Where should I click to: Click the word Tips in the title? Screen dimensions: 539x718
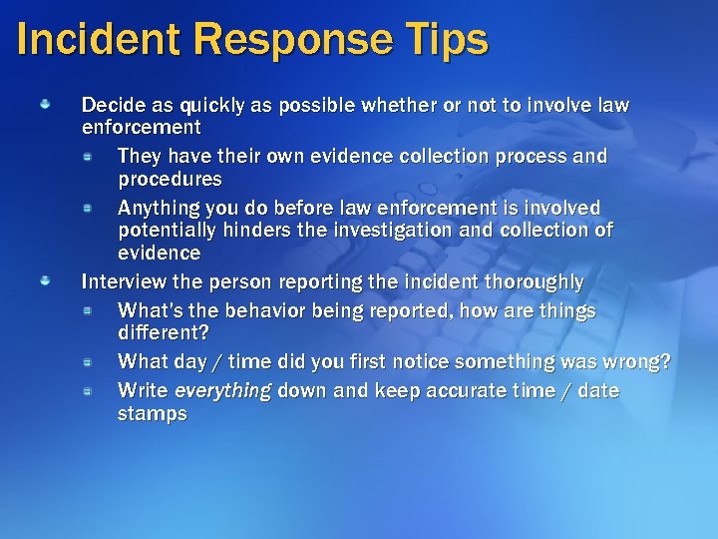click(445, 40)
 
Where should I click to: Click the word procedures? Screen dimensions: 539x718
click(170, 180)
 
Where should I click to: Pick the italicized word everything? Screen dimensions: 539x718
click(221, 390)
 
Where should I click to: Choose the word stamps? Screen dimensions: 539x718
click(152, 413)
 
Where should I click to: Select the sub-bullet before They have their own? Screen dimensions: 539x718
click(89, 156)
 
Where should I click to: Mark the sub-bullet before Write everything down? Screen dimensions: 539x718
click(89, 389)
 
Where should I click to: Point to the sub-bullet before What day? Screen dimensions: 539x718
click(89, 360)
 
